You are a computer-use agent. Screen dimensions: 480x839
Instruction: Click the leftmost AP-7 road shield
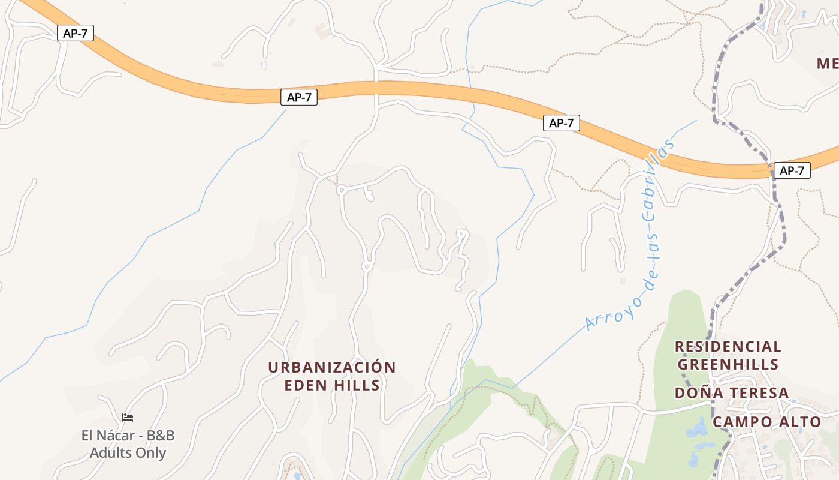click(76, 33)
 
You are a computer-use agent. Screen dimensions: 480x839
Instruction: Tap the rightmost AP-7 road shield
click(791, 170)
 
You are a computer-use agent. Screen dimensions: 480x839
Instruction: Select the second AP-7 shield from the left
click(298, 97)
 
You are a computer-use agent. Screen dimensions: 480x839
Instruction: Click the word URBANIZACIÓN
click(332, 367)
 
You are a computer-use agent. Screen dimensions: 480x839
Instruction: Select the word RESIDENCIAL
click(728, 346)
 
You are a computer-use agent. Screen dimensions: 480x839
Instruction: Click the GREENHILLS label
click(728, 364)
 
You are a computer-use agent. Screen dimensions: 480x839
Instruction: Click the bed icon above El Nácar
click(127, 418)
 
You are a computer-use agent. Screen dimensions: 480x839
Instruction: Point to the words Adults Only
click(128, 452)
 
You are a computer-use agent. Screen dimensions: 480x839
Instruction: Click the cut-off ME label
click(828, 63)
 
